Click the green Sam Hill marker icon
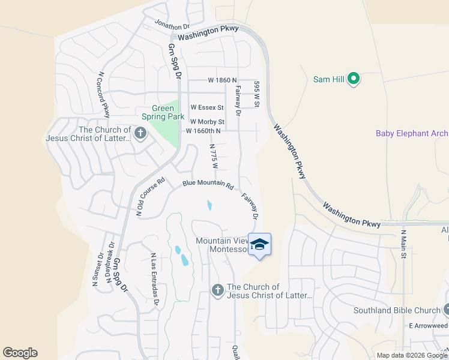pyautogui.click(x=354, y=79)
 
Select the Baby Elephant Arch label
pyautogui.click(x=412, y=133)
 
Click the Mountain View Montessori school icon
pyautogui.click(x=259, y=244)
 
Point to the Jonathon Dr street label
pyautogui.click(x=172, y=25)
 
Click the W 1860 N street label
pyautogui.click(x=223, y=80)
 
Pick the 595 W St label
pyautogui.click(x=256, y=94)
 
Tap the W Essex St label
pyautogui.click(x=207, y=107)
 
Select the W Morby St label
pyautogui.click(x=207, y=122)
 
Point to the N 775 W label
pyautogui.click(x=212, y=155)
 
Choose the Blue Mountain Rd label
pyautogui.click(x=208, y=185)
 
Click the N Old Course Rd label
pyautogui.click(x=151, y=197)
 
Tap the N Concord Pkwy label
pyautogui.click(x=103, y=95)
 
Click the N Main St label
pyautogui.click(x=403, y=244)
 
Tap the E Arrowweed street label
pyautogui.click(x=429, y=325)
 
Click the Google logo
pyautogui.click(x=20, y=353)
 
